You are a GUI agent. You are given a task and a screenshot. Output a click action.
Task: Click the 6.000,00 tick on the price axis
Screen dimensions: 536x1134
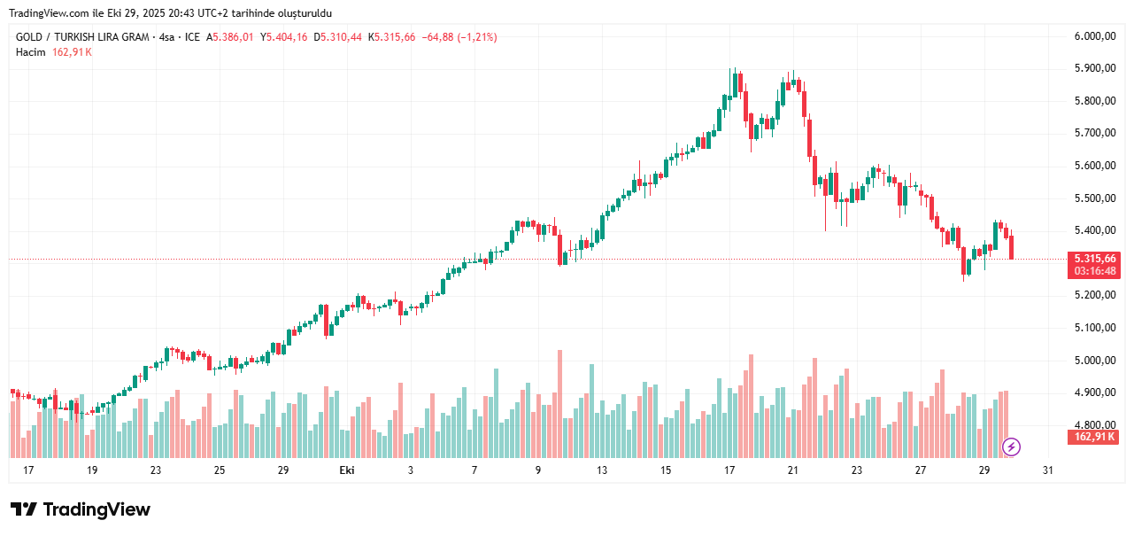(x=1095, y=36)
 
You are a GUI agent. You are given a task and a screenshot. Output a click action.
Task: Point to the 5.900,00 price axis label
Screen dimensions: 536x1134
(x=1095, y=68)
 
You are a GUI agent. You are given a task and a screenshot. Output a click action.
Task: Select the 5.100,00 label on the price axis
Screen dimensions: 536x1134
(x=1095, y=328)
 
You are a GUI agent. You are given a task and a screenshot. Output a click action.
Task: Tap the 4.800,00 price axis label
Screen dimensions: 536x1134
(x=1095, y=425)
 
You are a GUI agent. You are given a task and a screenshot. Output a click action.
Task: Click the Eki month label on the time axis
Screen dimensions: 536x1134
(x=347, y=470)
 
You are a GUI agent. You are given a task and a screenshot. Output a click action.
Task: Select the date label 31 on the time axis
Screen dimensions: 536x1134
(x=1048, y=470)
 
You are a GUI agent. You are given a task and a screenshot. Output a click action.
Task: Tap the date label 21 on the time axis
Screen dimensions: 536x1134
(x=793, y=470)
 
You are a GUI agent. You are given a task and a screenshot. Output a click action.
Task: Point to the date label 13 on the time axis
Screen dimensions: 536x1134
(x=602, y=470)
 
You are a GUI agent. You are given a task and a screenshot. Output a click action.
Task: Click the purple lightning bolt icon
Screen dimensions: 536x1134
(x=1012, y=447)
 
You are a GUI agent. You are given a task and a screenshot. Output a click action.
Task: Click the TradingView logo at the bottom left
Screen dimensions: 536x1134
(x=81, y=509)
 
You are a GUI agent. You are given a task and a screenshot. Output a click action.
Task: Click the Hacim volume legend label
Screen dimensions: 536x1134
(x=30, y=52)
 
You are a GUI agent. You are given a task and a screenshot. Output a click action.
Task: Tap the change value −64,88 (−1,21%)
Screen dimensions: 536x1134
(x=459, y=37)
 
